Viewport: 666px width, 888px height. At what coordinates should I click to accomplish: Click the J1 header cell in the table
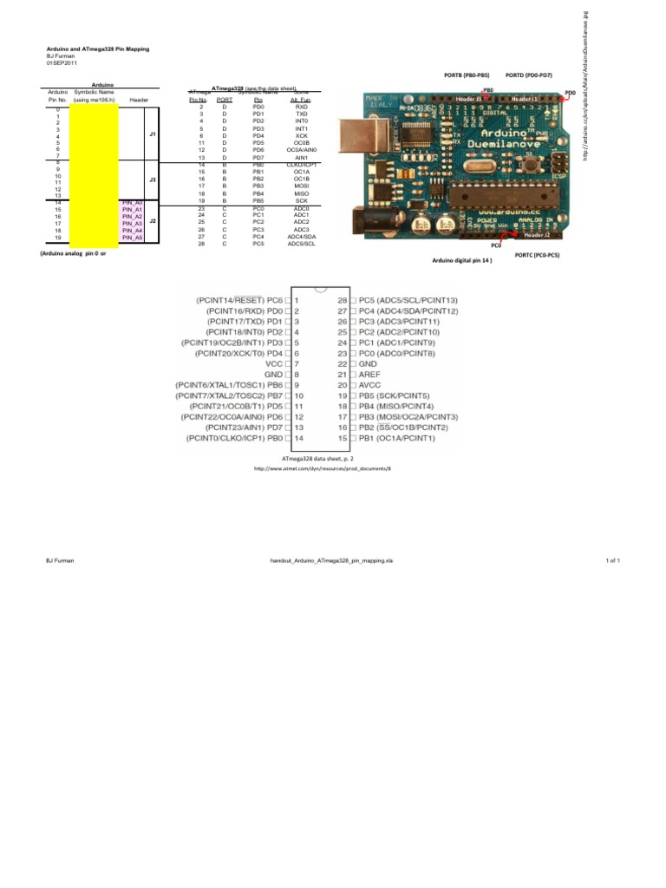(x=152, y=134)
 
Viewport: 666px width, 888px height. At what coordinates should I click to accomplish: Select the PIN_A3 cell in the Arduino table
(x=132, y=223)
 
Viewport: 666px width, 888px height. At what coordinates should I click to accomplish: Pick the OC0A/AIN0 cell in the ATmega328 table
(x=301, y=149)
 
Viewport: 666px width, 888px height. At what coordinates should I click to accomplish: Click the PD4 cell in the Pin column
(x=258, y=135)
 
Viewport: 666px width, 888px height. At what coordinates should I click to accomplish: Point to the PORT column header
(x=225, y=100)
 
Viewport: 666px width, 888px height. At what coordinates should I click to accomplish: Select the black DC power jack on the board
(x=364, y=221)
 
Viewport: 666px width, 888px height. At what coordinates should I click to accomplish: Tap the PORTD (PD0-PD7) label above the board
(x=529, y=76)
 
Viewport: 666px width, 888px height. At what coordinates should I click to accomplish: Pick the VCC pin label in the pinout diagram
(x=274, y=363)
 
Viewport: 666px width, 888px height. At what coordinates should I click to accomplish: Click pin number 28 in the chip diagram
(x=342, y=299)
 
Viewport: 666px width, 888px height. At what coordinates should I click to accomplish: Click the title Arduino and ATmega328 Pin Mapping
(x=97, y=49)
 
